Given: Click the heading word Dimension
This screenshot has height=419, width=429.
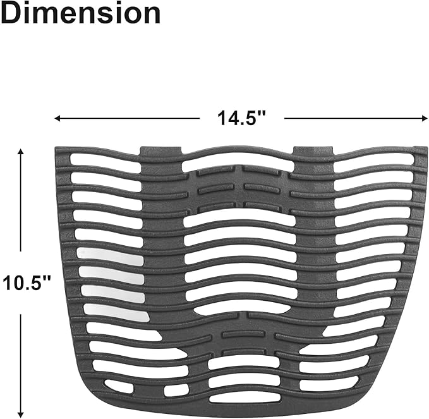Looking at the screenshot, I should (80, 13).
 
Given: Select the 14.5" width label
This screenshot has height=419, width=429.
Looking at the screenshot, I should (241, 118).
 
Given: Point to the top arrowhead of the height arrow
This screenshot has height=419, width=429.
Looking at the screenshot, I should (21, 152).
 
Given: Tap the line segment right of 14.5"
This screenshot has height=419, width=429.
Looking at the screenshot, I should (354, 118).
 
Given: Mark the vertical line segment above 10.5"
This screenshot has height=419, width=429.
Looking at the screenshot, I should (21, 209).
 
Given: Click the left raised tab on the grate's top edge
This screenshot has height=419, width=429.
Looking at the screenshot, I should (161, 152).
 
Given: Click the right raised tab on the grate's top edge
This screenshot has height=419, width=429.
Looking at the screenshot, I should (313, 152).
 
